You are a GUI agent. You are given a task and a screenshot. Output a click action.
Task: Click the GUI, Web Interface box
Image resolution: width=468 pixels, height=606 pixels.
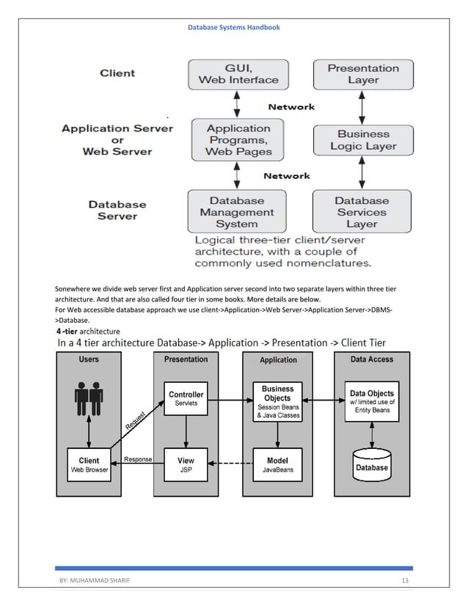point(235,73)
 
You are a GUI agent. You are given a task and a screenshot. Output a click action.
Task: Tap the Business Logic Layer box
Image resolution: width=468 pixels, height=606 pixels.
point(362,140)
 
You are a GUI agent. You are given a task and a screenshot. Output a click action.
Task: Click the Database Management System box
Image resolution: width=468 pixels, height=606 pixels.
point(236,212)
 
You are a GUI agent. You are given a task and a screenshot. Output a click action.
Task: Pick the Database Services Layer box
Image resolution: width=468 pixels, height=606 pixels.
point(362,212)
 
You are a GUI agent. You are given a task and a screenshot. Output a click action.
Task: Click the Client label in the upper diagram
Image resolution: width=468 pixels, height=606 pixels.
point(117,73)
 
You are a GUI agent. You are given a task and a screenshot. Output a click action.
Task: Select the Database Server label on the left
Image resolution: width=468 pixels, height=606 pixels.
point(117,211)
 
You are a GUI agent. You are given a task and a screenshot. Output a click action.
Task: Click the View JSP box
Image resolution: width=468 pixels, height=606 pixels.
point(186,465)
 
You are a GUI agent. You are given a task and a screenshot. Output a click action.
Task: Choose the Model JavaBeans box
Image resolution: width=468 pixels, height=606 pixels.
point(278,465)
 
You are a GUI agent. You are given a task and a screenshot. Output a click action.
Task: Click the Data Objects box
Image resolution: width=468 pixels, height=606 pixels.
point(372,398)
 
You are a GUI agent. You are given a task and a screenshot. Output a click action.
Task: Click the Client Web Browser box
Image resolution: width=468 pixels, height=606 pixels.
point(89,465)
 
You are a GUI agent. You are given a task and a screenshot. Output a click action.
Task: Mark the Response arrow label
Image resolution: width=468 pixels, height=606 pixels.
point(138,459)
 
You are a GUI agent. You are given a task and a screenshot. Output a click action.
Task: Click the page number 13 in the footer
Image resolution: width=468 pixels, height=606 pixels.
point(404,582)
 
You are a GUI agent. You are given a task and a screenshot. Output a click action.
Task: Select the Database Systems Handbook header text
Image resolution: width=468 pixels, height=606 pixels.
point(233,27)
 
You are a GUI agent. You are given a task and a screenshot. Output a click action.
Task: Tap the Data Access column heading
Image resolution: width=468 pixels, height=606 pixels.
point(372,359)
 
